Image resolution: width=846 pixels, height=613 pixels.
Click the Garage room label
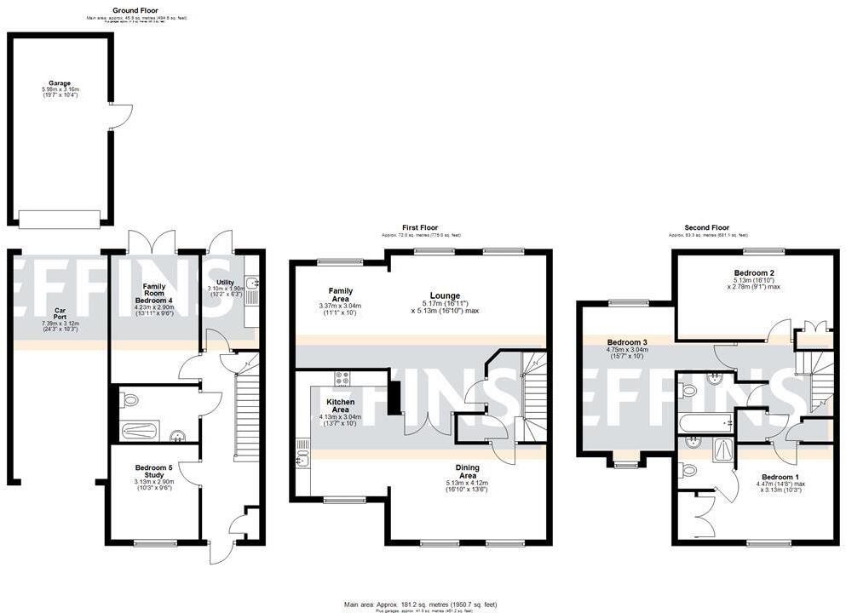point(59,83)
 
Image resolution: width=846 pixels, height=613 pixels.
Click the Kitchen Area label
point(340,405)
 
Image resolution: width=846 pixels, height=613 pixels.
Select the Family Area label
point(340,295)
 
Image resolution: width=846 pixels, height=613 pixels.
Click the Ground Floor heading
point(135,10)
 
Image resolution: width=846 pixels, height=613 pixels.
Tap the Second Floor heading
point(706,228)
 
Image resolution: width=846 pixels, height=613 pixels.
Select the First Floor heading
point(420,228)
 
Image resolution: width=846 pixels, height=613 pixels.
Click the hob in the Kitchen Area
point(343,379)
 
